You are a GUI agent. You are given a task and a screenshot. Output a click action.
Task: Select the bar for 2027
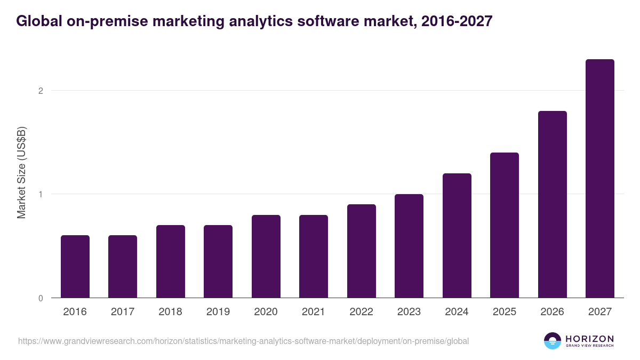click(599, 179)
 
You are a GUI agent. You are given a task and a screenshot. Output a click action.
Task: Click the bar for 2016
click(75, 267)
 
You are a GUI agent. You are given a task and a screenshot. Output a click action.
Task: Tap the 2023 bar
click(409, 246)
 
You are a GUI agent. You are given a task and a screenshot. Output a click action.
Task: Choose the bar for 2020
click(266, 257)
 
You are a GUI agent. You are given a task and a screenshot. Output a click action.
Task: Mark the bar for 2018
click(171, 261)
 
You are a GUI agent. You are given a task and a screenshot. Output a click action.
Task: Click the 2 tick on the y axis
click(40, 91)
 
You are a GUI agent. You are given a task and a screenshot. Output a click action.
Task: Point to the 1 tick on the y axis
click(40, 194)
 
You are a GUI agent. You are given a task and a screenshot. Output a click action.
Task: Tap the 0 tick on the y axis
click(40, 298)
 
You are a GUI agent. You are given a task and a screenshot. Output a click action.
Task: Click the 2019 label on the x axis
click(218, 312)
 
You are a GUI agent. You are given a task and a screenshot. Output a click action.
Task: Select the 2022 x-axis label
click(362, 312)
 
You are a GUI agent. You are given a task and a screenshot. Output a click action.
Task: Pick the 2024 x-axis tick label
click(457, 312)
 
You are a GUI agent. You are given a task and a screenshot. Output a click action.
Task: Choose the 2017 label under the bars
click(123, 312)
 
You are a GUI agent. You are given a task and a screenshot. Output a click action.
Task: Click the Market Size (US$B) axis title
click(21, 172)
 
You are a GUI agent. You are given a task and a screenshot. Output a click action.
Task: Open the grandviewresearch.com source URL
click(243, 341)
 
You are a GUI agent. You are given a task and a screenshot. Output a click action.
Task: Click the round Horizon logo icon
click(553, 341)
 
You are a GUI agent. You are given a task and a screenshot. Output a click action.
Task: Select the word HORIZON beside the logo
click(589, 339)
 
